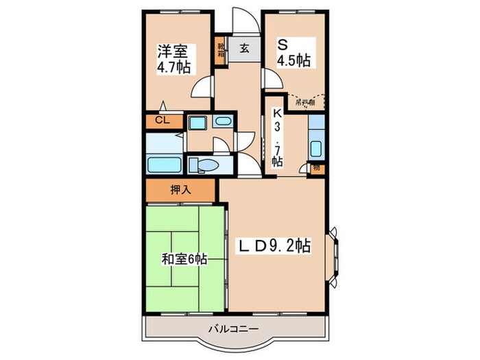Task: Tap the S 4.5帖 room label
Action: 293,52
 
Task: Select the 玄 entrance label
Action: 243,47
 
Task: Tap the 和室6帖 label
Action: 184,259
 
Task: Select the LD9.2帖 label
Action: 275,245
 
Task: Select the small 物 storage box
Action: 316,167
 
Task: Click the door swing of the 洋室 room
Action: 201,87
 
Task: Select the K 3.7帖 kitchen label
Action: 277,137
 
